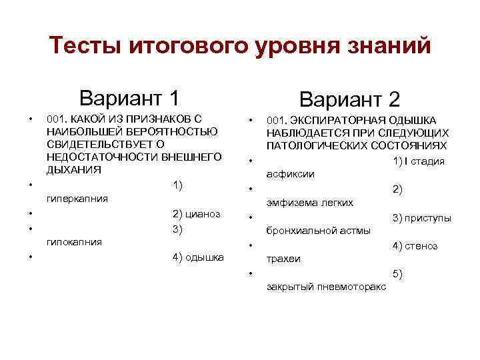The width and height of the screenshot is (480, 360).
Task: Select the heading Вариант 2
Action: click(x=349, y=99)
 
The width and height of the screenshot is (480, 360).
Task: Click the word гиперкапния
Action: click(x=78, y=198)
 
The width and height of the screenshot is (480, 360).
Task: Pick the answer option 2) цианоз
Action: click(x=197, y=214)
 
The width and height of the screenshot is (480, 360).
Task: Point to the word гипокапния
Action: click(x=75, y=242)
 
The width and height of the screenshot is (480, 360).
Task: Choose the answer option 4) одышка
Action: click(x=198, y=257)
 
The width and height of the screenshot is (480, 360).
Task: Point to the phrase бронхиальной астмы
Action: click(x=318, y=231)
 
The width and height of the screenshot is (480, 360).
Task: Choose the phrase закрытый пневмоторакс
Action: click(x=325, y=287)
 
